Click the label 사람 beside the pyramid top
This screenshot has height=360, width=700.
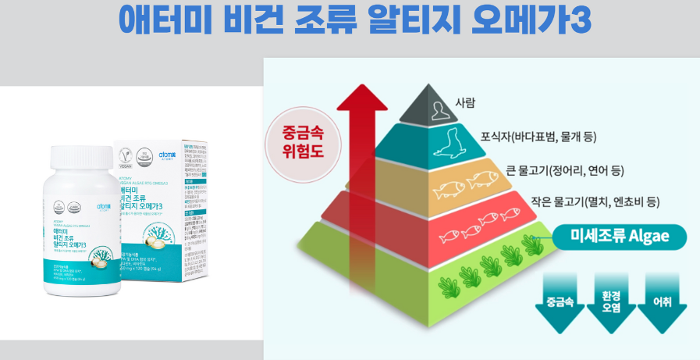(464, 103)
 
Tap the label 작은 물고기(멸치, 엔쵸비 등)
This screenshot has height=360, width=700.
(595, 202)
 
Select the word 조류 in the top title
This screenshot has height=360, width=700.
(319, 20)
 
